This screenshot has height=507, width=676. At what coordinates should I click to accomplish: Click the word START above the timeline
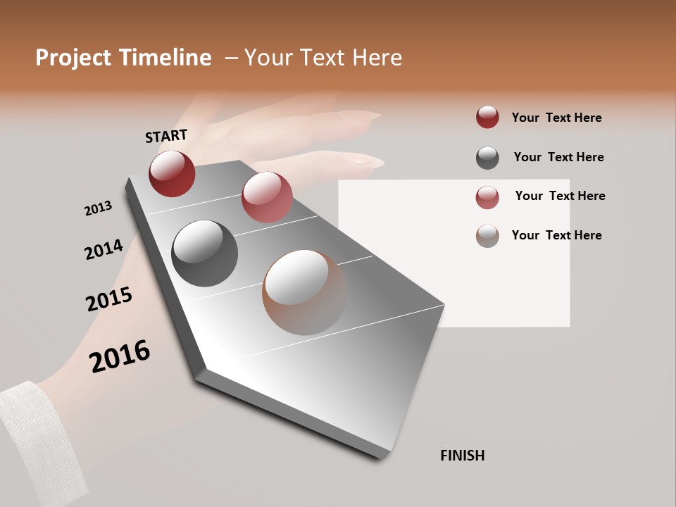(166, 136)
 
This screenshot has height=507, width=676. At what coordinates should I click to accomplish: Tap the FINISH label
(462, 456)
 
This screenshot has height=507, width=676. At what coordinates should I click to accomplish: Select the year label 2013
(98, 208)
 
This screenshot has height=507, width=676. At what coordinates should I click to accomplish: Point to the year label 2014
(104, 249)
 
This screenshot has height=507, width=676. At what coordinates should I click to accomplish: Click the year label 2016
(120, 356)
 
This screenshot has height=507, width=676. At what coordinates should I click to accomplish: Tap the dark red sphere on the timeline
(172, 173)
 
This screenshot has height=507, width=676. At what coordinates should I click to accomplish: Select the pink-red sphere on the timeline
(267, 197)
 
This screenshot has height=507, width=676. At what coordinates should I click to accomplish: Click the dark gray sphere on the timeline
(204, 254)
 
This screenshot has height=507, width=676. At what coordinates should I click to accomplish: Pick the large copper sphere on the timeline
(304, 292)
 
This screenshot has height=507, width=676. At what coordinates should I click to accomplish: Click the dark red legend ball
(487, 118)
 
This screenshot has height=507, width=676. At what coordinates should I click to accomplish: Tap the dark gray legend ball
(487, 158)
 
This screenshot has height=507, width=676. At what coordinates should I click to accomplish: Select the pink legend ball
(487, 197)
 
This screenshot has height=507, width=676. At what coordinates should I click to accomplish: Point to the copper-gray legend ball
(487, 236)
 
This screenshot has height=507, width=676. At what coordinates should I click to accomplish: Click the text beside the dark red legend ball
(556, 118)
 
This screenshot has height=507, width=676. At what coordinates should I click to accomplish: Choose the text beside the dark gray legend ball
(558, 157)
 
